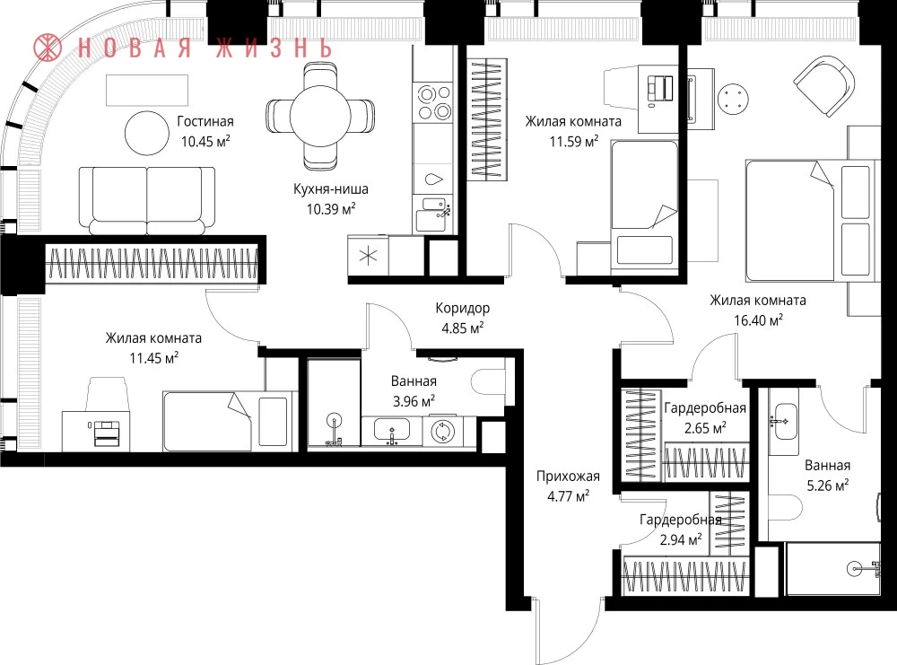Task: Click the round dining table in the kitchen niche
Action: (320, 116)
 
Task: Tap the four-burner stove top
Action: (434, 102)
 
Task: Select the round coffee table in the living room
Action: (147, 133)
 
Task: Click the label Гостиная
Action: (205, 121)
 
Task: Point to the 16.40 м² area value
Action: (758, 319)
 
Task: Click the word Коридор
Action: (462, 309)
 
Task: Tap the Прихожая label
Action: (568, 477)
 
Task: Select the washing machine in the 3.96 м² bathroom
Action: (441, 432)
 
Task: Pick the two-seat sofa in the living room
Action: (147, 200)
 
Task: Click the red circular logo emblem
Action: (48, 48)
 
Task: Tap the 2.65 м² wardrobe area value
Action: (705, 427)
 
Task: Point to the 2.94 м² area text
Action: (681, 539)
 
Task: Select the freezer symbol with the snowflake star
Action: (368, 256)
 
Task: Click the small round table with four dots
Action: (733, 99)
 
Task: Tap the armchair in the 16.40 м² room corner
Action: (824, 85)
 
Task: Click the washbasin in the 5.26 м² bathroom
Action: (783, 421)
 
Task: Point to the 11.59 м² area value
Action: (574, 142)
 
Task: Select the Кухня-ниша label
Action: (331, 188)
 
